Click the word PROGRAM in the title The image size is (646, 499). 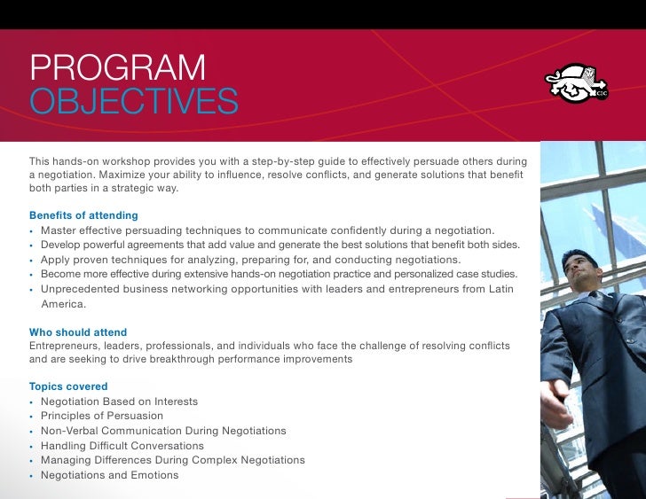tap(117, 68)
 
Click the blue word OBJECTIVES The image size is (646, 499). tap(133, 102)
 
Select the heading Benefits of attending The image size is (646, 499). tap(83, 215)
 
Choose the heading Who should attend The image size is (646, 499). tap(78, 332)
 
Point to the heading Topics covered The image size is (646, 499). tap(68, 386)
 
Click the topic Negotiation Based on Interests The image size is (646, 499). tap(119, 402)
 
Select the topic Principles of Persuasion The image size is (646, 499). tap(102, 416)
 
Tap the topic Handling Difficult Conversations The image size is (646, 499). tap(122, 446)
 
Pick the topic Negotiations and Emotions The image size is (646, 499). tap(109, 475)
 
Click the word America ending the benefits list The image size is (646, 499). tap(63, 304)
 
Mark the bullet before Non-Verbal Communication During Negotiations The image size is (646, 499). tap(32, 432)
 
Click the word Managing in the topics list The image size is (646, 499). tap(66, 460)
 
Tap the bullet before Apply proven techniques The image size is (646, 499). tap(32, 261)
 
